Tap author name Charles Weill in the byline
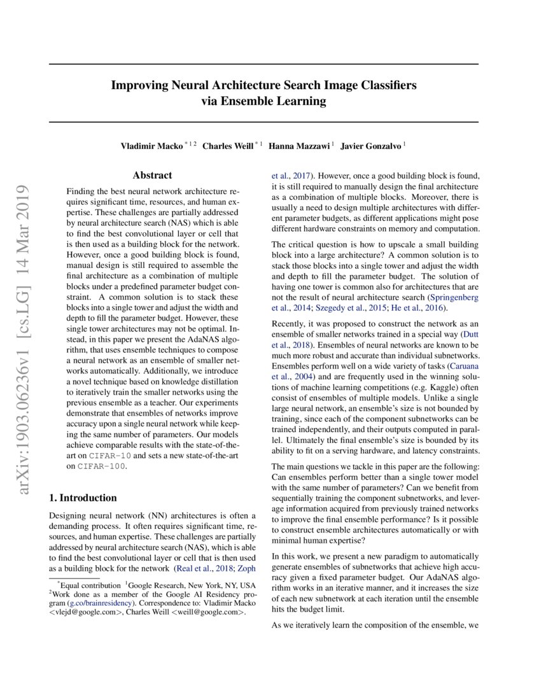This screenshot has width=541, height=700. (227, 146)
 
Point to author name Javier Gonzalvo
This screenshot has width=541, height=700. (370, 146)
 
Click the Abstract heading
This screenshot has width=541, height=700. (152, 176)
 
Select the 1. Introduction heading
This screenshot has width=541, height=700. (83, 498)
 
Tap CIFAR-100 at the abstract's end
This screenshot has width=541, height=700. (101, 466)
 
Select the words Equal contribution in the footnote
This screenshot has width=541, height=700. (90, 585)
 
